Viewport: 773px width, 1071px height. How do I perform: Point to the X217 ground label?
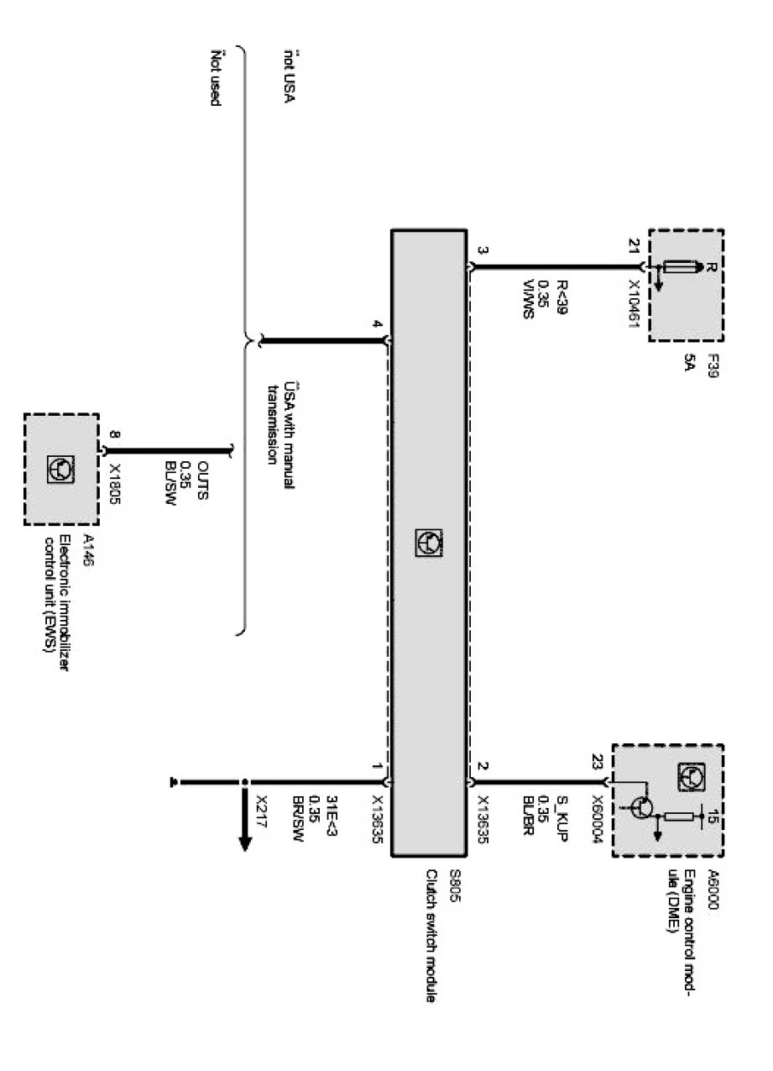click(261, 808)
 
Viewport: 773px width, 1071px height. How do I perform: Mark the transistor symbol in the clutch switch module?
click(428, 542)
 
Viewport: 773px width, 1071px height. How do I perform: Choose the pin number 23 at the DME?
click(598, 764)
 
